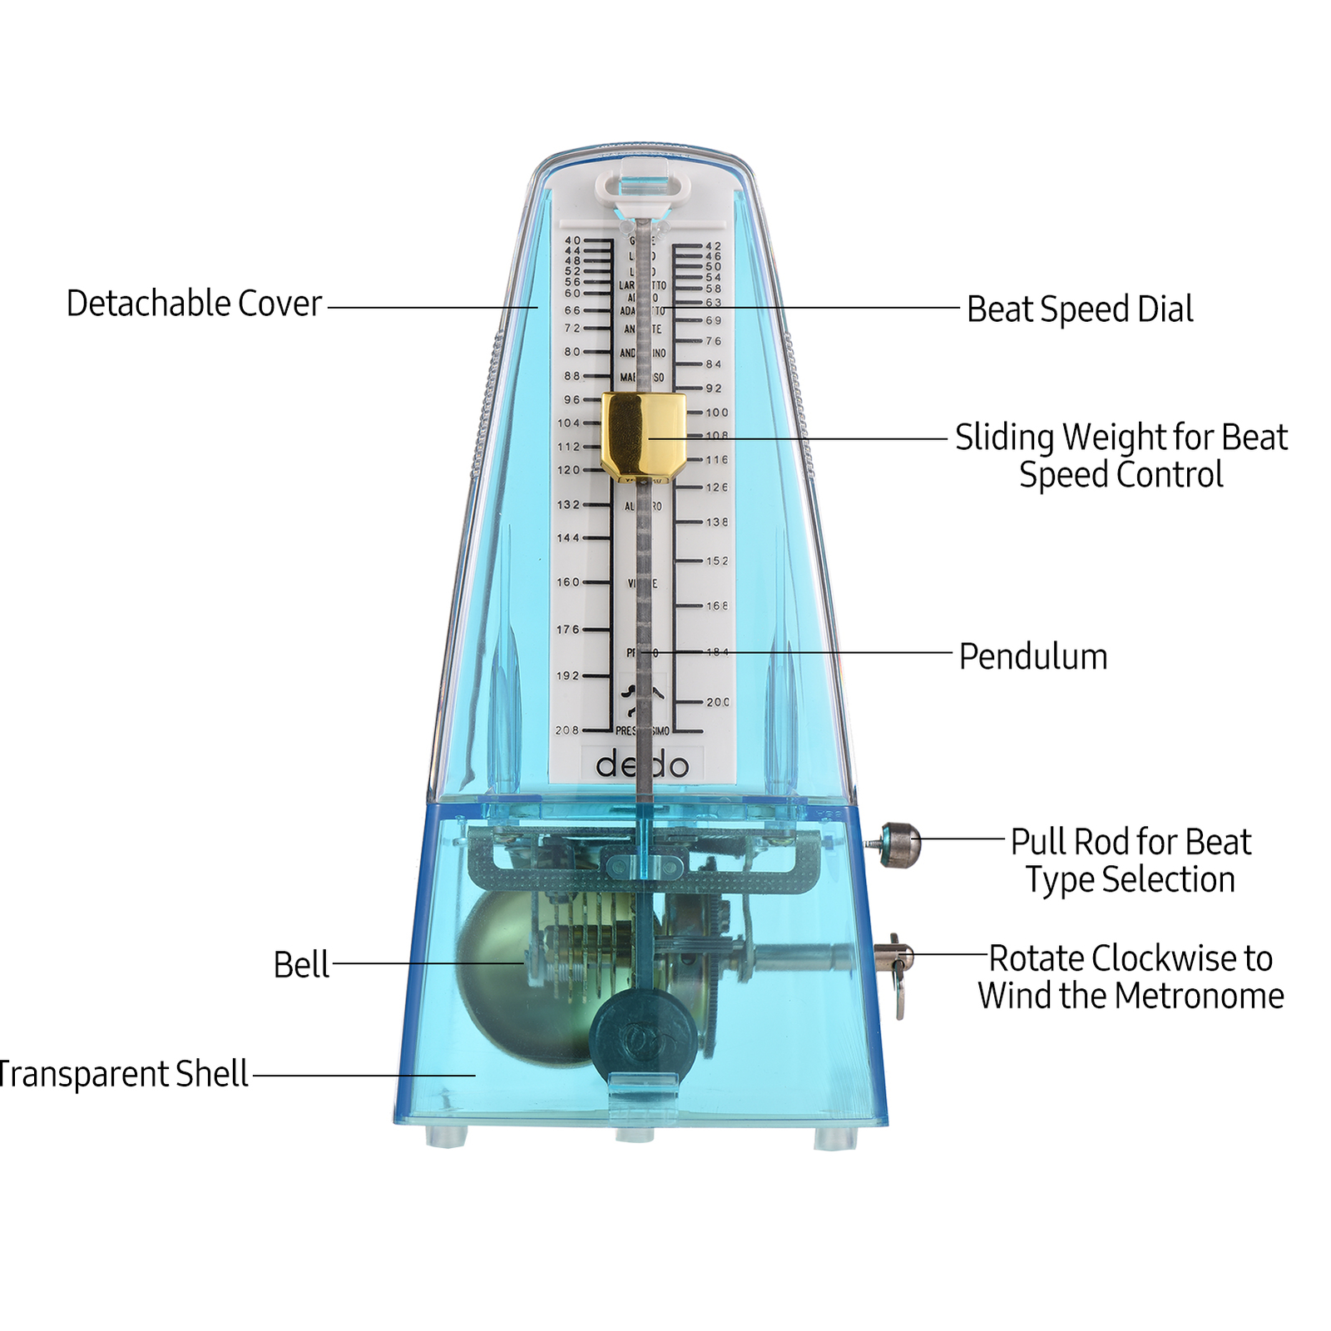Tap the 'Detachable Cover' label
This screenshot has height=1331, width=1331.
(194, 304)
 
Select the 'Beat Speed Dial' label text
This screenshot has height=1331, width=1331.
(1079, 309)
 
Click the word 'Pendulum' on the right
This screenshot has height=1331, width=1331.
(1032, 656)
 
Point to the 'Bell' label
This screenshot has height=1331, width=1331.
(301, 965)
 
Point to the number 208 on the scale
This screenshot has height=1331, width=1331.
(567, 730)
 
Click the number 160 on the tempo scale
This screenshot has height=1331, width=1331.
(568, 582)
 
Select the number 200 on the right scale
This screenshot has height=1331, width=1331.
(717, 702)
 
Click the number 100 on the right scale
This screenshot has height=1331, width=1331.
(716, 413)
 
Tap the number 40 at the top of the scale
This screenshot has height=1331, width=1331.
(572, 240)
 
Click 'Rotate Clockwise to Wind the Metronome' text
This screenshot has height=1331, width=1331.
(1130, 977)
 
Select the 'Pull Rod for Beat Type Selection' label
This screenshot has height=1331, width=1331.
(1130, 861)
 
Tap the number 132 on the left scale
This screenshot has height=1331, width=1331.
(568, 505)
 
